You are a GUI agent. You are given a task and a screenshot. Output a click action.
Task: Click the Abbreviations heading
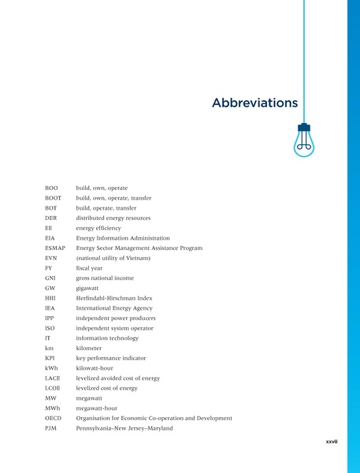[x=254, y=103]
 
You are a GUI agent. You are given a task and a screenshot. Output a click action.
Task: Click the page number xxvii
[x=331, y=442]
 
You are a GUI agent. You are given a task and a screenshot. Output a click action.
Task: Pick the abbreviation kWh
[x=52, y=368]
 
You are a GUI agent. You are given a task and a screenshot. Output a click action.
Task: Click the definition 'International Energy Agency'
[x=115, y=308]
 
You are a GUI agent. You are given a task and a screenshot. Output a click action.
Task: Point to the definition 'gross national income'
[x=105, y=277]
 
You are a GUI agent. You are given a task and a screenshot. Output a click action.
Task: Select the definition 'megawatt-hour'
[x=98, y=408]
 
